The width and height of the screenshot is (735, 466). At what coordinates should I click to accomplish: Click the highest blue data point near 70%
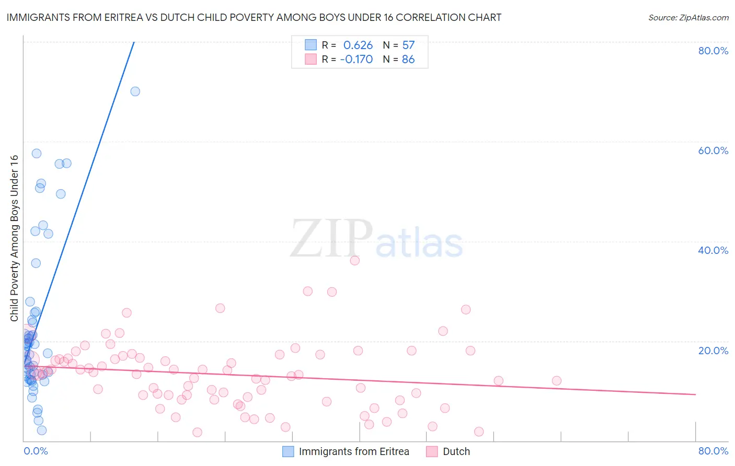(135, 91)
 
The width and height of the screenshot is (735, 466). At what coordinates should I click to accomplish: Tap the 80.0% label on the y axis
(713, 51)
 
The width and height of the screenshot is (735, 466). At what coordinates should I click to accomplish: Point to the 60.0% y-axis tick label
(713, 150)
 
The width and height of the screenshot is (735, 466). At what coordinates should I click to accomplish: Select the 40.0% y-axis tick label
(713, 250)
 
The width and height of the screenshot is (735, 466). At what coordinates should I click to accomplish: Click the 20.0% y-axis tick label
(713, 350)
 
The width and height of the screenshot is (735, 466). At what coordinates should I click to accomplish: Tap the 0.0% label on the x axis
(36, 451)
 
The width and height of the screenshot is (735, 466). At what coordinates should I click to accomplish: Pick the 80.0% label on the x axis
(713, 451)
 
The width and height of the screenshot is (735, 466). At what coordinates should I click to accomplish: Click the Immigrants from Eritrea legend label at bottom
(354, 451)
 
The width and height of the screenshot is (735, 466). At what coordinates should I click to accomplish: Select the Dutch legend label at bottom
(456, 451)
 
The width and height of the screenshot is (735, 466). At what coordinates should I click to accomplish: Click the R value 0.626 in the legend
(358, 45)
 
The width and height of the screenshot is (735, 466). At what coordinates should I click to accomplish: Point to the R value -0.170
(356, 60)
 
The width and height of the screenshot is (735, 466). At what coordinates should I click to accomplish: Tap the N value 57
(408, 45)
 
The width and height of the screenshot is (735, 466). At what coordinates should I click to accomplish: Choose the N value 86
(408, 60)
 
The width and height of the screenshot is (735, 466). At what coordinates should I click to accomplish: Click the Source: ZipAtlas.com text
(688, 18)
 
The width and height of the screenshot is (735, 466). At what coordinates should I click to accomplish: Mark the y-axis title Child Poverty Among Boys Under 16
(15, 238)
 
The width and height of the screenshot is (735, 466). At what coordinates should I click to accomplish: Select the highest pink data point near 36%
(355, 261)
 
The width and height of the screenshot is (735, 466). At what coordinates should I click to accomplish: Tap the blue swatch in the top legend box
(311, 45)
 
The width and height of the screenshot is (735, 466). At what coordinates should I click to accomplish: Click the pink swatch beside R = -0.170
(311, 59)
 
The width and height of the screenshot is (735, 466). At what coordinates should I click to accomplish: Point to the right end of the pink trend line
(695, 394)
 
